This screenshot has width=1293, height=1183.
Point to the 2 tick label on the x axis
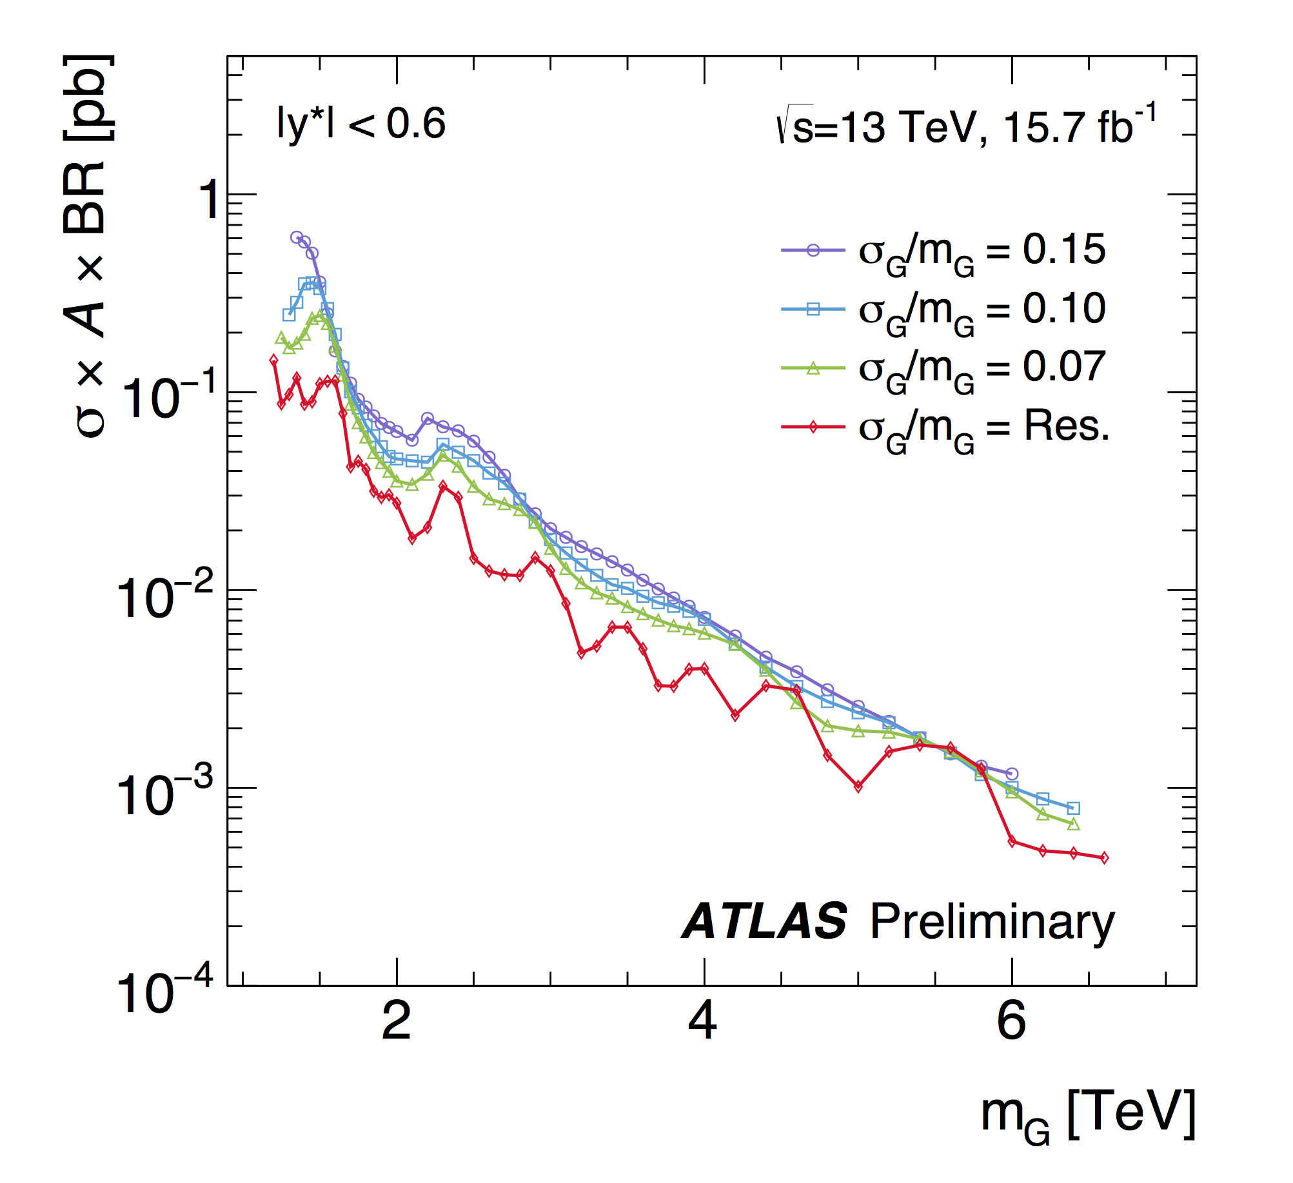[x=396, y=1021]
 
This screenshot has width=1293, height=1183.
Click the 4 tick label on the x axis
[x=703, y=1021]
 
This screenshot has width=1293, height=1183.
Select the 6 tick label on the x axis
[x=1011, y=1021]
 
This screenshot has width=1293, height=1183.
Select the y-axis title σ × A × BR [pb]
[x=89, y=245]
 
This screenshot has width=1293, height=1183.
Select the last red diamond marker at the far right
[x=1104, y=857]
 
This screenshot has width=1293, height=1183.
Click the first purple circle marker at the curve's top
[x=297, y=237]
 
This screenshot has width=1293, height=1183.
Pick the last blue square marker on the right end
[x=1074, y=808]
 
